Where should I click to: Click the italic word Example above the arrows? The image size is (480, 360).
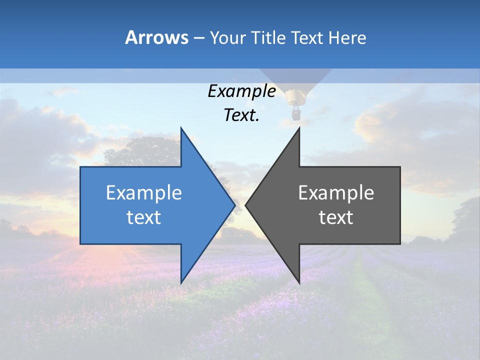241,91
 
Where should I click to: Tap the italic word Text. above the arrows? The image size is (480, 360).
241,115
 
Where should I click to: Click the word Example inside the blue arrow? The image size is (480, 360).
144,192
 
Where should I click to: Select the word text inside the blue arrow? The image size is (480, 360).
144,217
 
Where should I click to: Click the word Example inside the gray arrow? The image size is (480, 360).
336,192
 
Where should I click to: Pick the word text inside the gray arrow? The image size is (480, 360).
336,217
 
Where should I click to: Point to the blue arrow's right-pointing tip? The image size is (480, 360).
234,205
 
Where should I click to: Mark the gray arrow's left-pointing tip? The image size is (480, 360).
246,205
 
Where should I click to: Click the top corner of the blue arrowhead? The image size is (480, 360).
181,128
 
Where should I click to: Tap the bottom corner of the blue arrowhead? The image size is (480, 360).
181,282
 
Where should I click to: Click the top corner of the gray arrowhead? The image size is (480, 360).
299,128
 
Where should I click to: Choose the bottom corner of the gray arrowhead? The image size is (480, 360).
299,282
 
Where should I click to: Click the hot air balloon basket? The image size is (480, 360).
296,114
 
